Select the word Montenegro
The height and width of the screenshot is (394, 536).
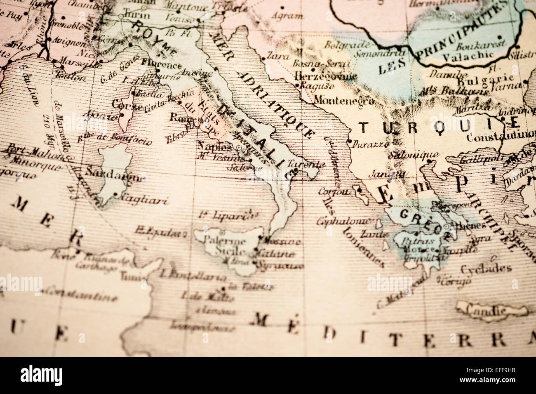click(x=344, y=100)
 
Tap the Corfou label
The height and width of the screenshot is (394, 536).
click(x=334, y=191)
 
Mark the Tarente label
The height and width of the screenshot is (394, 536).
click(x=303, y=163)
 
